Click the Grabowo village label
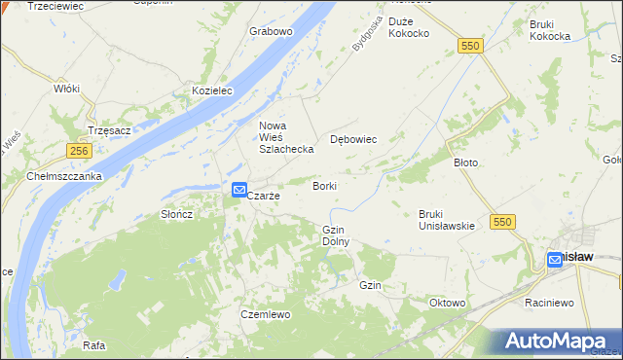pyautogui.click(x=271, y=31)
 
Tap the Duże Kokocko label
pyautogui.click(x=409, y=27)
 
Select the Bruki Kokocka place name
pyautogui.click(x=550, y=30)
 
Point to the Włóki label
pyautogui.click(x=66, y=89)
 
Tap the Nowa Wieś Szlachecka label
pyautogui.click(x=285, y=137)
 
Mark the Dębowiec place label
pyautogui.click(x=353, y=139)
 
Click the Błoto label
pyautogui.click(x=466, y=162)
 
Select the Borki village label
pyautogui.click(x=324, y=185)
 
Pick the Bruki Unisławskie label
pyautogui.click(x=446, y=220)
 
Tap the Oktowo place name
pyautogui.click(x=448, y=303)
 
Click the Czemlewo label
pyautogui.click(x=266, y=314)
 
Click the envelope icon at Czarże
pyautogui.click(x=238, y=191)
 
